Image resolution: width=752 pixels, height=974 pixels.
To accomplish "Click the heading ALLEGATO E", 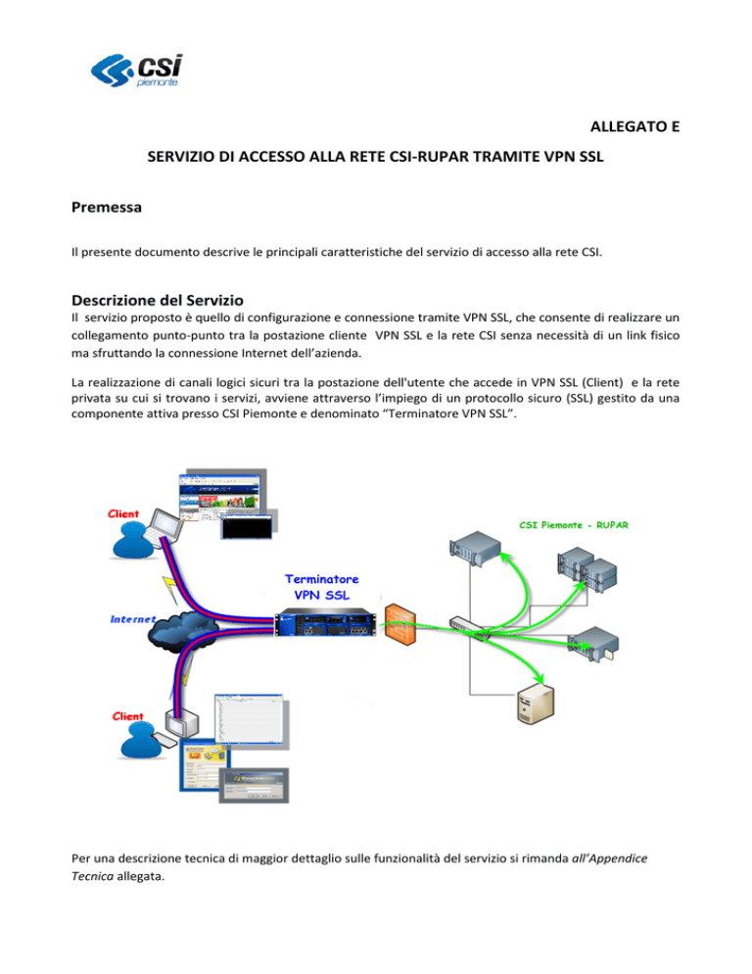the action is pyautogui.click(x=634, y=126).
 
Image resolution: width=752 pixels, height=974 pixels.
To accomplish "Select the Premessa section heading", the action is pyautogui.click(x=106, y=207).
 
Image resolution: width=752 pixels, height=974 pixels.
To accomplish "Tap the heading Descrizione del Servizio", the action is pyautogui.click(x=157, y=300).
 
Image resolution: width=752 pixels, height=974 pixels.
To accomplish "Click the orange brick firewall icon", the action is pyautogui.click(x=399, y=623).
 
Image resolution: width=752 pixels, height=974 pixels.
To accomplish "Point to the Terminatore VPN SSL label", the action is pyautogui.click(x=322, y=587).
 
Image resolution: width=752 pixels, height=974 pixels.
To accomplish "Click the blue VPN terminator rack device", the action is pyautogui.click(x=326, y=623).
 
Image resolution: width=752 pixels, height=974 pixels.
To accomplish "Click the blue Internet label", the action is pyautogui.click(x=132, y=618).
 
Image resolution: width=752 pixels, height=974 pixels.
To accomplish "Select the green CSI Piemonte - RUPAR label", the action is pyautogui.click(x=574, y=525).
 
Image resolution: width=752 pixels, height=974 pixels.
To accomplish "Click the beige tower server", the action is pyautogui.click(x=536, y=704).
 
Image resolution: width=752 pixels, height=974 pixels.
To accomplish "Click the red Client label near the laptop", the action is pyautogui.click(x=123, y=513).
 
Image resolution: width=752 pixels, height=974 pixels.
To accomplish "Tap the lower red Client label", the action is pyautogui.click(x=127, y=716).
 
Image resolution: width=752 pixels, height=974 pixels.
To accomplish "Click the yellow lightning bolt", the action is pyautogui.click(x=169, y=590).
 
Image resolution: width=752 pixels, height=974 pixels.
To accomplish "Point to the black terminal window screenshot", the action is pyautogui.click(x=247, y=527).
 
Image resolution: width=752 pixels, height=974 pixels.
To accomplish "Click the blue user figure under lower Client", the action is pyautogui.click(x=143, y=741).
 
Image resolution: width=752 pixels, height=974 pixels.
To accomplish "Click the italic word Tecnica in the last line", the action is pyautogui.click(x=92, y=876).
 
